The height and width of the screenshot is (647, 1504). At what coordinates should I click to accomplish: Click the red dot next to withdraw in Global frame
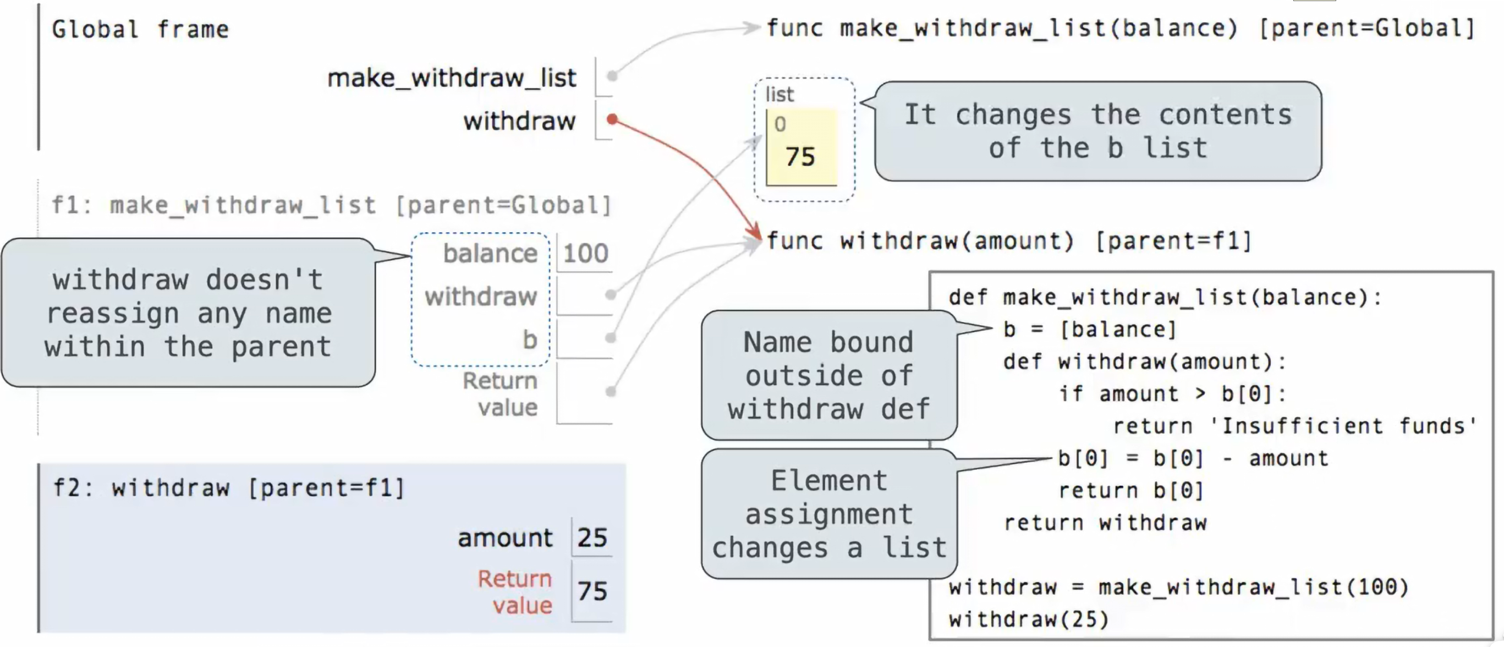pyautogui.click(x=612, y=119)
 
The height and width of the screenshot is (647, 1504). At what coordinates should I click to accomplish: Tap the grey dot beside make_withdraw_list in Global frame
pyautogui.click(x=612, y=75)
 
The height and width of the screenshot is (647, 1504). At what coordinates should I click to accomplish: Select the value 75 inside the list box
pyautogui.click(x=800, y=156)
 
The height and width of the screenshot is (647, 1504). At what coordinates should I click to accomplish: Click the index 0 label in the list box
pyautogui.click(x=780, y=124)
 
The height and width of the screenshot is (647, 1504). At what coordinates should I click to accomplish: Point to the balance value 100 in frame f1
pyautogui.click(x=586, y=254)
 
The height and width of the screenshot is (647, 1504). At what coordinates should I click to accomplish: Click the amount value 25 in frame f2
pyautogui.click(x=592, y=537)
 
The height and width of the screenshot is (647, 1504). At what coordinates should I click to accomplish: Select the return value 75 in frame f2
pyautogui.click(x=592, y=591)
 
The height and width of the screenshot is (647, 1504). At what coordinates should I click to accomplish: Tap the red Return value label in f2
pyautogui.click(x=515, y=591)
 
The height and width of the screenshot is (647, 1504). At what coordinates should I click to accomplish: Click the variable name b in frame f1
pyautogui.click(x=530, y=339)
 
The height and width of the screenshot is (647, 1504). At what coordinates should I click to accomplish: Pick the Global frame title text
pyautogui.click(x=140, y=29)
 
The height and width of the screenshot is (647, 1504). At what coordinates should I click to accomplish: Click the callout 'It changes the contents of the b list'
pyautogui.click(x=1097, y=131)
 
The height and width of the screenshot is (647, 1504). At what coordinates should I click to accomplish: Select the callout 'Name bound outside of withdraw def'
pyautogui.click(x=829, y=375)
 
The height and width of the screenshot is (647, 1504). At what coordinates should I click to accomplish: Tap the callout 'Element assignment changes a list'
pyautogui.click(x=829, y=514)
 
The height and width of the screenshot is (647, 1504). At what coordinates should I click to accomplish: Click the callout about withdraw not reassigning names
pyautogui.click(x=188, y=312)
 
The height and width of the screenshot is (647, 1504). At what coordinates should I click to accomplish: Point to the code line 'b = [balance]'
pyautogui.click(x=1089, y=330)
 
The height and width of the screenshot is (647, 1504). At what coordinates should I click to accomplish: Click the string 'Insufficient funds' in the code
pyautogui.click(x=1343, y=426)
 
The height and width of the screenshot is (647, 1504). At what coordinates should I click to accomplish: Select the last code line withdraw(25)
pyautogui.click(x=1028, y=619)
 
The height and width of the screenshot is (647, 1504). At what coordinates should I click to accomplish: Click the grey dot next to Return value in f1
pyautogui.click(x=611, y=391)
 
